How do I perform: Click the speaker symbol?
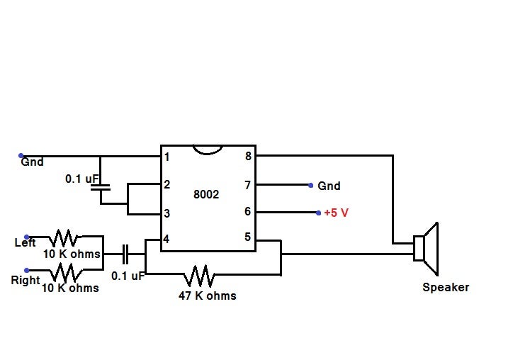click(x=427, y=249)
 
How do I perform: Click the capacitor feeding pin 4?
click(x=125, y=253)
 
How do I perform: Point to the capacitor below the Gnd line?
click(x=101, y=188)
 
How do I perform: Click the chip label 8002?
click(x=206, y=194)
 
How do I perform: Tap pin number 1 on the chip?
click(x=167, y=157)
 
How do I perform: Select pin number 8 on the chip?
click(x=247, y=156)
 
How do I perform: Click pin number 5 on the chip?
click(x=247, y=237)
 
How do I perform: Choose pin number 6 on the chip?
click(x=247, y=211)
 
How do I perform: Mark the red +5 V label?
click(x=336, y=213)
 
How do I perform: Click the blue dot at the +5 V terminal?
click(x=318, y=212)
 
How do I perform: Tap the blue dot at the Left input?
click(x=27, y=237)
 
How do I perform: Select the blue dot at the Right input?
click(x=27, y=270)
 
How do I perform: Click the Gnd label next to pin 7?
click(x=329, y=186)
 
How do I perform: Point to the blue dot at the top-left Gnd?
click(x=21, y=155)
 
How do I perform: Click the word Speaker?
click(x=446, y=288)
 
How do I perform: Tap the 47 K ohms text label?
click(x=207, y=295)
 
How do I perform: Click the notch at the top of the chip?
click(x=208, y=147)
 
